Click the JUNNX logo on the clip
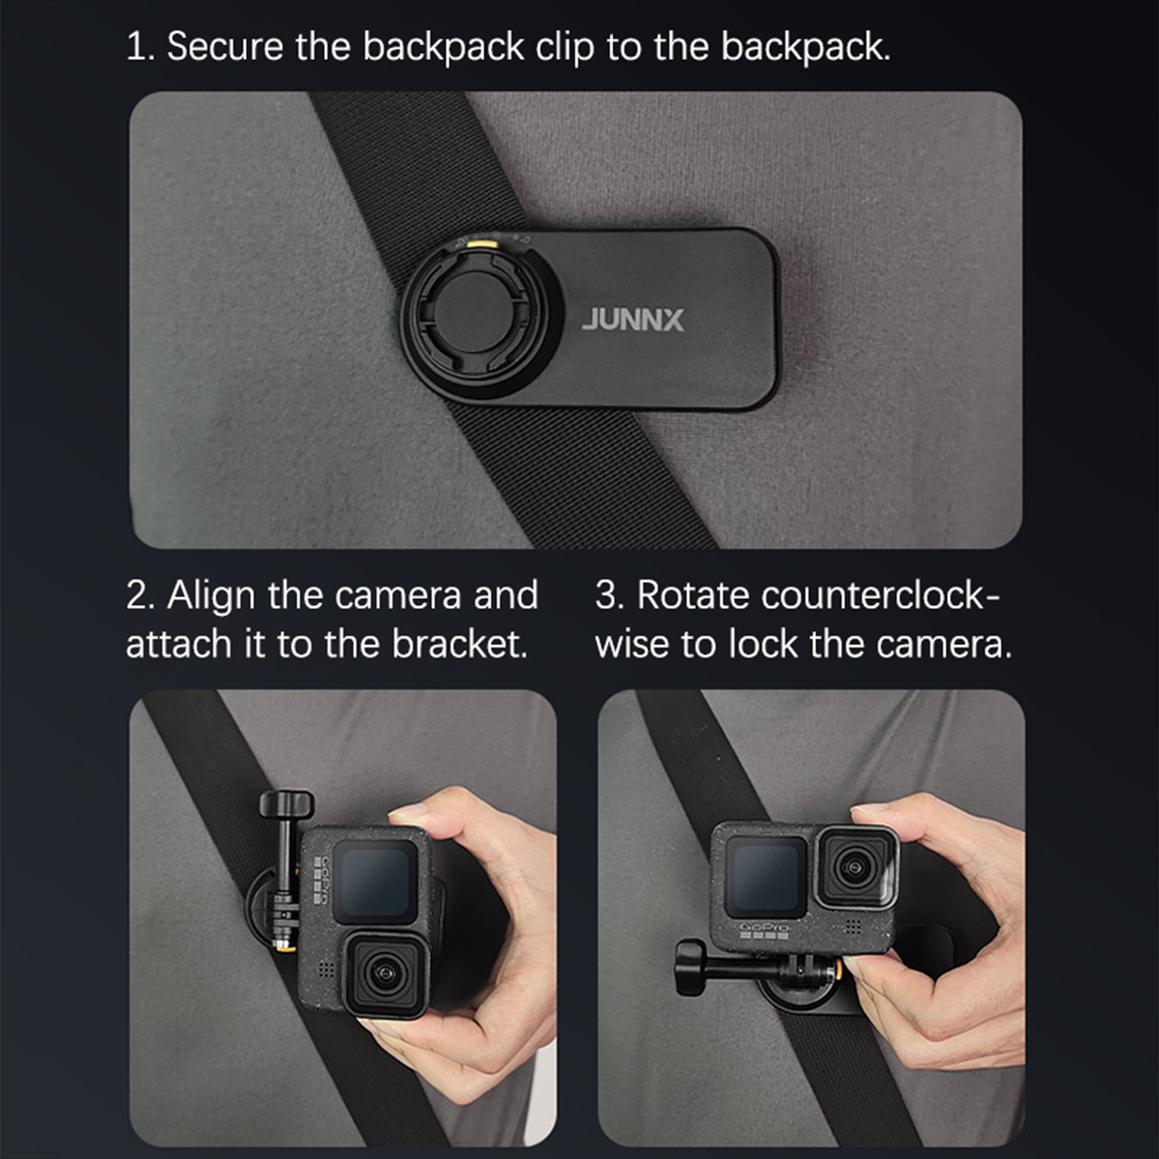pos(632,320)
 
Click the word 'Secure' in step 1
pos(225,47)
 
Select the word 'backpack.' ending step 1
pos(806,47)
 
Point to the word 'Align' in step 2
pos(211,596)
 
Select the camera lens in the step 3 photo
pos(855,866)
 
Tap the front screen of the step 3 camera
pos(766,876)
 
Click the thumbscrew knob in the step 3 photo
pos(690,967)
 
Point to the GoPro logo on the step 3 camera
pos(763,927)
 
